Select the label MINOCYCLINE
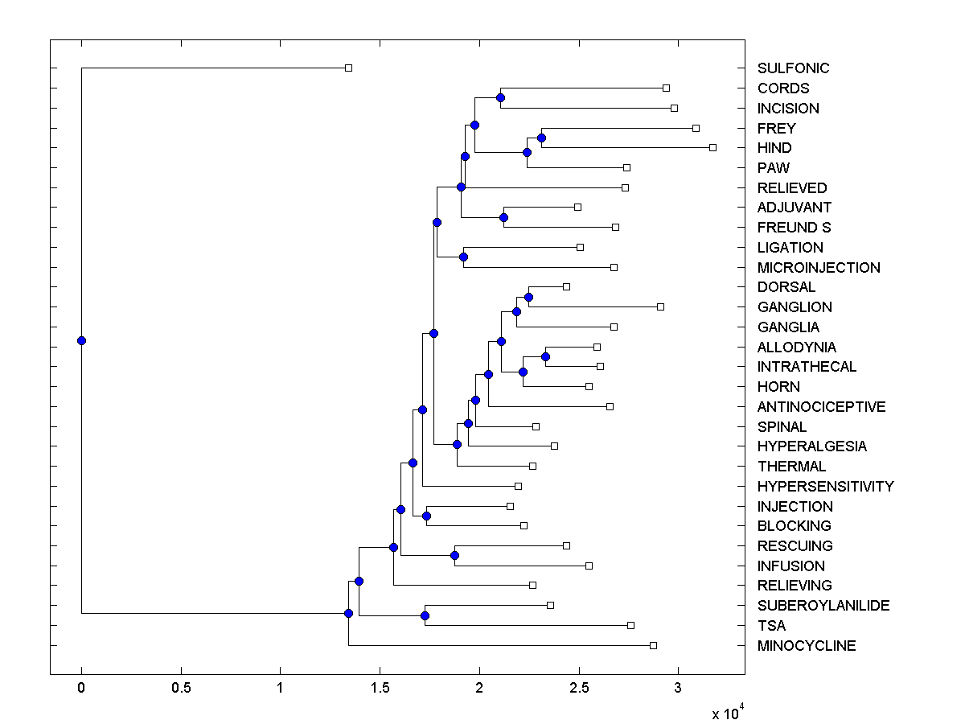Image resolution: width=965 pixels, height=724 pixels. pyautogui.click(x=807, y=646)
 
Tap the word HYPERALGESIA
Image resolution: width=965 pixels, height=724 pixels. pyautogui.click(x=812, y=446)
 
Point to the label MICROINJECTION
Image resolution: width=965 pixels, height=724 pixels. pyautogui.click(x=819, y=268)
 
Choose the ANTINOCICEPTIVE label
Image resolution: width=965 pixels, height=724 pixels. pyautogui.click(x=821, y=407)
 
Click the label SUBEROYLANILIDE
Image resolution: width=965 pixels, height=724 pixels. pyautogui.click(x=823, y=606)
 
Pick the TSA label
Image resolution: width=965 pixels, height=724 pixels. pyautogui.click(x=771, y=626)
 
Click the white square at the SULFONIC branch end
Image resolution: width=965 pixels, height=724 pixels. pyautogui.click(x=348, y=68)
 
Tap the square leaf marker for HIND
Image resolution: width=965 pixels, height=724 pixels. pyautogui.click(x=712, y=147)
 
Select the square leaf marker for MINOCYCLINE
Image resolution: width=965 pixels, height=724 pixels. pyautogui.click(x=653, y=645)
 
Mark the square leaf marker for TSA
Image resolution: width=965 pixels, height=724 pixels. pyautogui.click(x=630, y=625)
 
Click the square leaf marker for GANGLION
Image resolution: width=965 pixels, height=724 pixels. pyautogui.click(x=660, y=306)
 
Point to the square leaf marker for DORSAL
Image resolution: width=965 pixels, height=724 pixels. pyautogui.click(x=566, y=286)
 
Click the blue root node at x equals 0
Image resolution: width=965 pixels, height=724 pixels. pyautogui.click(x=81, y=340)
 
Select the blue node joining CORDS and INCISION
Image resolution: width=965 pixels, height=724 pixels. pyautogui.click(x=500, y=97)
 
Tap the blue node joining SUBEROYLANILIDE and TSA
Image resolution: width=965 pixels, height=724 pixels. pyautogui.click(x=425, y=615)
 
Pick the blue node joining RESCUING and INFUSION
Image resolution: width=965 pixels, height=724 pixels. pyautogui.click(x=454, y=555)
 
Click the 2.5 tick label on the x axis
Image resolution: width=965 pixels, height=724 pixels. pyautogui.click(x=577, y=689)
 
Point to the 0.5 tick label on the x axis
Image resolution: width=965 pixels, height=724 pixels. pyautogui.click(x=181, y=689)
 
